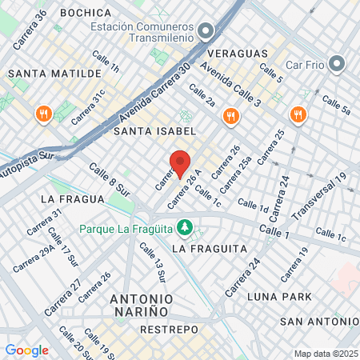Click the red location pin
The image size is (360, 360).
(181, 164)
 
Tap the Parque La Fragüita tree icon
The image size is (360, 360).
(185, 228)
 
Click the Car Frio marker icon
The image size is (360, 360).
(337, 62)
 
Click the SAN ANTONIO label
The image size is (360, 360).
(317, 322)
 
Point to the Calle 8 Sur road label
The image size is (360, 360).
(109, 180)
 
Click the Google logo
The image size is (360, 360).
(26, 350)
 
